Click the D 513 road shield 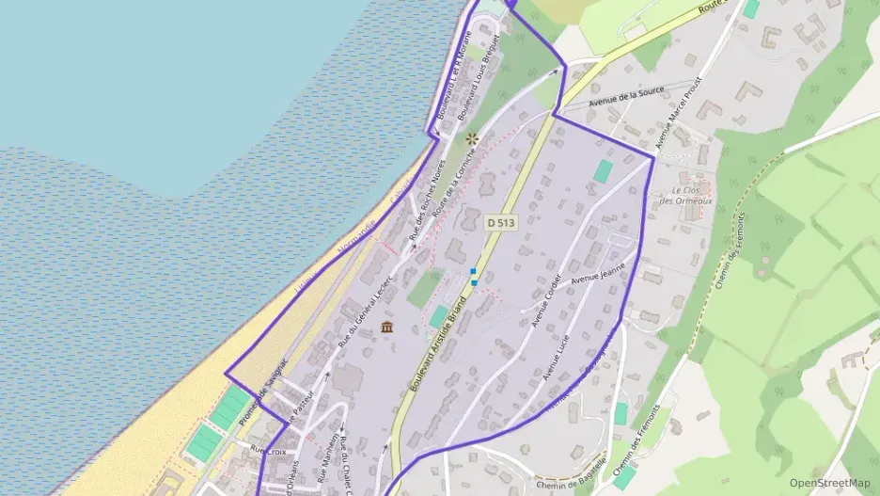[501, 223]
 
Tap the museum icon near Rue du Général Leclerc [387, 327]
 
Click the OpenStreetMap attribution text [828, 483]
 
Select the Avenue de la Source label [626, 96]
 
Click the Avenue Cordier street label [546, 300]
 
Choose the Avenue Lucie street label [557, 359]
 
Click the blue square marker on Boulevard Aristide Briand [473, 271]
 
